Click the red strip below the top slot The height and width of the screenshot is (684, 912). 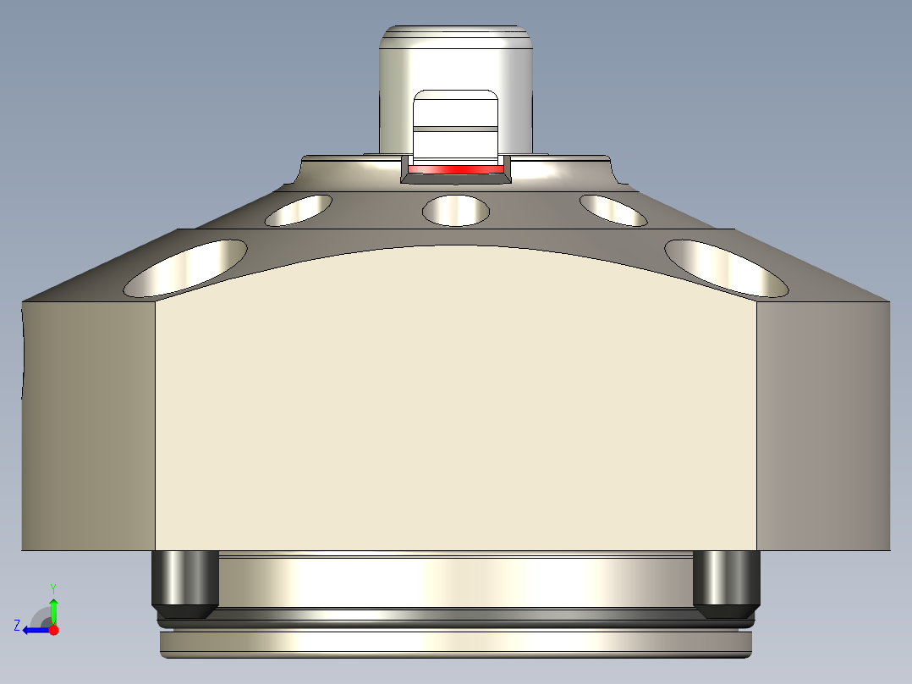pos(455,170)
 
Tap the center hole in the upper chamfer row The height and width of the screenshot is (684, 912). pos(456,210)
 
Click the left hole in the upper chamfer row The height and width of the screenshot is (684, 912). pos(299,210)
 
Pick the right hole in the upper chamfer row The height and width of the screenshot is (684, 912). pos(613,210)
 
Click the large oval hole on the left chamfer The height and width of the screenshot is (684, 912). pos(185,268)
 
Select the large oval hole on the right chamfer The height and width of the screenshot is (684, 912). pos(726,268)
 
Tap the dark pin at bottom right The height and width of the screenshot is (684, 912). pos(726,582)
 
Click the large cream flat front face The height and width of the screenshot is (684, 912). pos(455,406)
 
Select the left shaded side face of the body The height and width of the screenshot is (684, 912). pos(88,423)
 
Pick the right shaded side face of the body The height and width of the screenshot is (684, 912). pos(822,423)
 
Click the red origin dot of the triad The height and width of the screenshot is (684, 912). pos(53,630)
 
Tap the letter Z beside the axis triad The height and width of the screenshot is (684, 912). pos(17,626)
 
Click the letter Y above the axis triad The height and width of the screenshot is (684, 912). pos(53,587)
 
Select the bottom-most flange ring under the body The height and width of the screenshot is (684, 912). pos(455,643)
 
